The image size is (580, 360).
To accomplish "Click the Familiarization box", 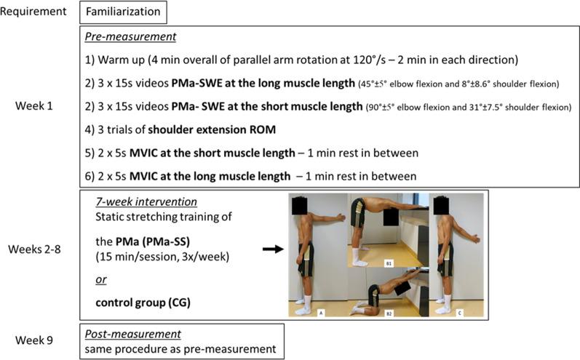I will [124, 12].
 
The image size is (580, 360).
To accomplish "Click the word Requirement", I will [35, 12].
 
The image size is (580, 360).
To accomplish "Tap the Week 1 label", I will [34, 105].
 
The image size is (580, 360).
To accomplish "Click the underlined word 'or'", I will [102, 279].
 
